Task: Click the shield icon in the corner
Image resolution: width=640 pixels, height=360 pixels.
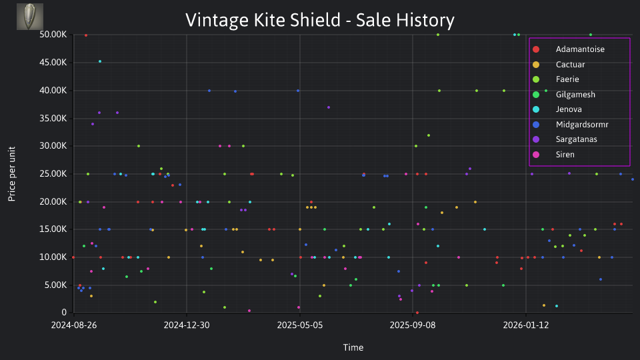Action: click(x=30, y=17)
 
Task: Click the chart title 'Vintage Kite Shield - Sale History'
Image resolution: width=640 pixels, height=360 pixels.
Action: click(x=320, y=20)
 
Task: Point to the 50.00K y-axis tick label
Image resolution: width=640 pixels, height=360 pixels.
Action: click(x=53, y=35)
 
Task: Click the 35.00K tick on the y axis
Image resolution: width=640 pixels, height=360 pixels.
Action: click(x=53, y=119)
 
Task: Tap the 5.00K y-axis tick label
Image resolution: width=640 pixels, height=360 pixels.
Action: click(x=55, y=285)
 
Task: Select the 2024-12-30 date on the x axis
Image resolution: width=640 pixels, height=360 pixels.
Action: click(x=187, y=325)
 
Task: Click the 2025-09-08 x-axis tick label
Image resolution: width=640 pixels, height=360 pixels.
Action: click(x=413, y=325)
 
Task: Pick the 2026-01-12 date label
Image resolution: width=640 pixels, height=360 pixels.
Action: click(x=526, y=325)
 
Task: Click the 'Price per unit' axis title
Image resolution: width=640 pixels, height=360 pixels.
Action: click(x=12, y=174)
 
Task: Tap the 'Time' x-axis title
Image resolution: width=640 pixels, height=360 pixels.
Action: click(x=353, y=347)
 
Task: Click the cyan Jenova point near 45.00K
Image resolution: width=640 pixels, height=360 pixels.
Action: click(x=100, y=61)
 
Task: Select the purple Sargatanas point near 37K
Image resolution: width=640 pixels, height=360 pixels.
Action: click(x=329, y=107)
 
